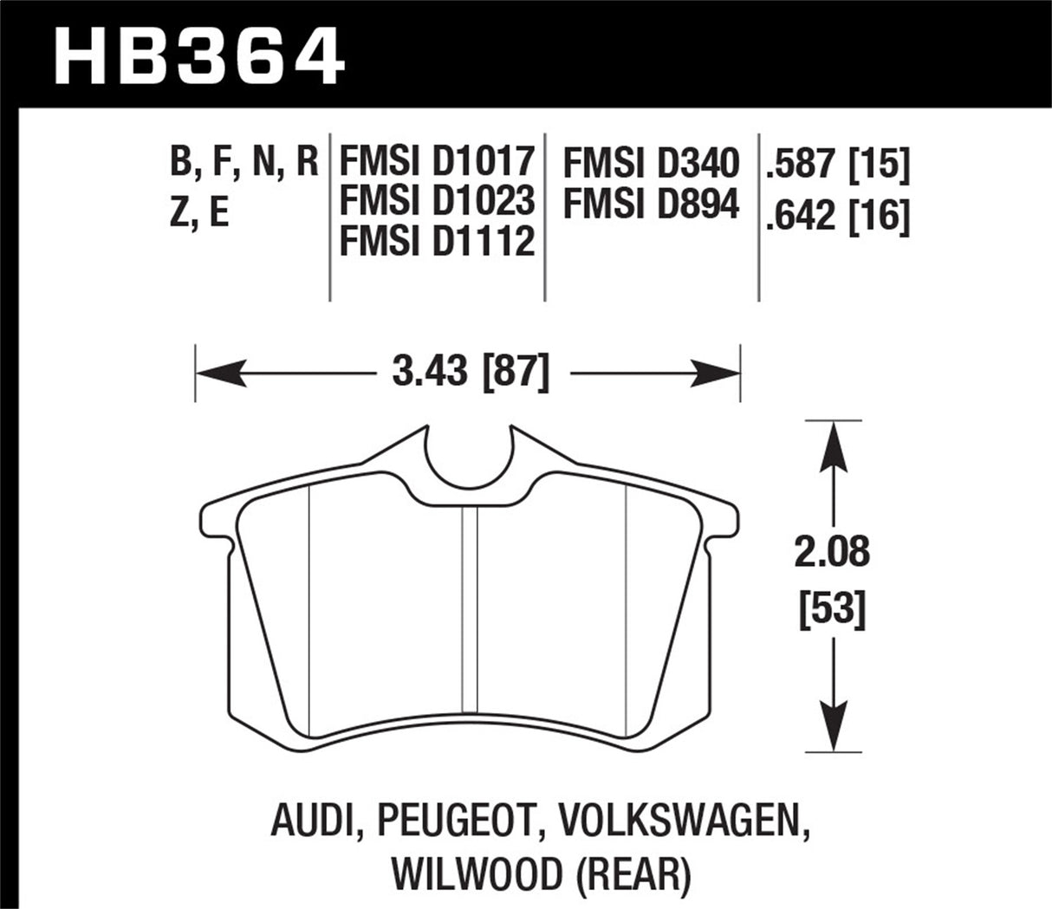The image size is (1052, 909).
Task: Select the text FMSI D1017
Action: point(436,162)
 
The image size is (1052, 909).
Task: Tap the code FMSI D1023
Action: point(436,201)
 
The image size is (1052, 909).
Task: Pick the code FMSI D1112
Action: point(436,241)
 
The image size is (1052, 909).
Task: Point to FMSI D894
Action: point(652,205)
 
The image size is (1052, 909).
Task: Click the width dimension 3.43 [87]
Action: point(471,373)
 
